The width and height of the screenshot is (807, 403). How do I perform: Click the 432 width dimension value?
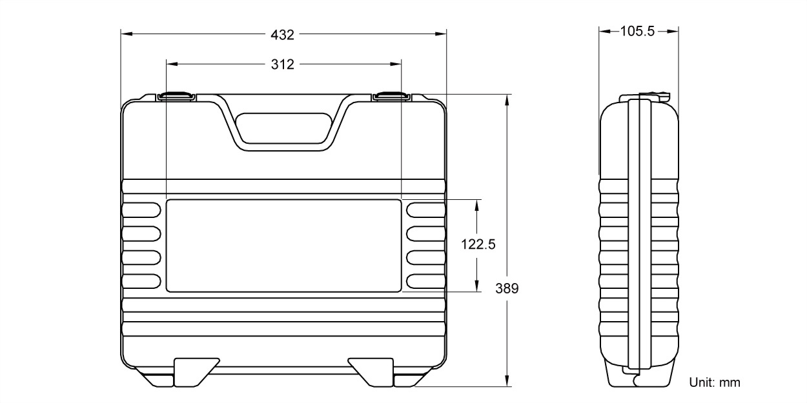283,34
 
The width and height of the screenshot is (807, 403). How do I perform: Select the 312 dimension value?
283,64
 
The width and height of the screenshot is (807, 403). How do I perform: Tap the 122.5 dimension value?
478,244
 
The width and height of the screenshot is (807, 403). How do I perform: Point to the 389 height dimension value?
507,288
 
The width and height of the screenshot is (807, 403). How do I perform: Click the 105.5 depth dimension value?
638,31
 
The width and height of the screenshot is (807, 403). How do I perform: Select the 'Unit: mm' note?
715,382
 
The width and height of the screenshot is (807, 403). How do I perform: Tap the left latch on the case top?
176,96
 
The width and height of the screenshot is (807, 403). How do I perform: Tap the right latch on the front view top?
391,96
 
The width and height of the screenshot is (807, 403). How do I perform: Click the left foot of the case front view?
192,372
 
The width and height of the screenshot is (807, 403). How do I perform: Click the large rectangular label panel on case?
283,245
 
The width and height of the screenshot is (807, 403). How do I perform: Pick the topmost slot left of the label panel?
141,209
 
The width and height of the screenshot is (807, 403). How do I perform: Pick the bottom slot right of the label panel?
425,280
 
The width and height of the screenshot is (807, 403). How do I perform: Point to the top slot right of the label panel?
425,209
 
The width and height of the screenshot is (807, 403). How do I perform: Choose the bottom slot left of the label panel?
141,280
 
